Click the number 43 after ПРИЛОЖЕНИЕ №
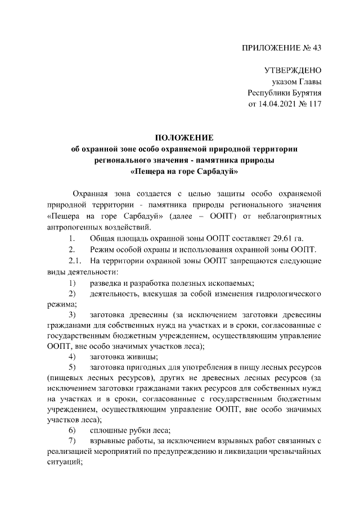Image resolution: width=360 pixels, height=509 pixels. (316, 48)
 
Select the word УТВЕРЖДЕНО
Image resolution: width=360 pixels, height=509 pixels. (292, 71)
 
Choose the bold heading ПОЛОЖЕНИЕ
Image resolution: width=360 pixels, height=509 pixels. (184, 137)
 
